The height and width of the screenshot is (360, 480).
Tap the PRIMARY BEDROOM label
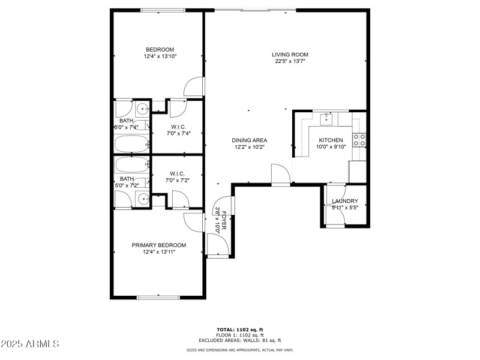159,245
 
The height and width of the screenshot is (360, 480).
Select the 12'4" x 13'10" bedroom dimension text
160,56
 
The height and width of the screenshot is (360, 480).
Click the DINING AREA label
249,140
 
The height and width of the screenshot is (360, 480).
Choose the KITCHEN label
331,140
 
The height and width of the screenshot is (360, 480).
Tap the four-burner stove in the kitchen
360,140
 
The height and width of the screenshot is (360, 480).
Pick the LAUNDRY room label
345,201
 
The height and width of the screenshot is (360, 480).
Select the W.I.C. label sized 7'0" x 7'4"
178,127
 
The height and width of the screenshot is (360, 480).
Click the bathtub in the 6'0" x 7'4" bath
131,144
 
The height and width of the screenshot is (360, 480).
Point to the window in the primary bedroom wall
157,297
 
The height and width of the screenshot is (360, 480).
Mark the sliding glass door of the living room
255,10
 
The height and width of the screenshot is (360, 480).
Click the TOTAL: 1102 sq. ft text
239,329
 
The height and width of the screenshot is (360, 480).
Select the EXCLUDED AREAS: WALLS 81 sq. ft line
239,340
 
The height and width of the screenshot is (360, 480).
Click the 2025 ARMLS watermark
30,344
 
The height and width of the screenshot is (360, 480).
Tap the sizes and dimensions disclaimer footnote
239,350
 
